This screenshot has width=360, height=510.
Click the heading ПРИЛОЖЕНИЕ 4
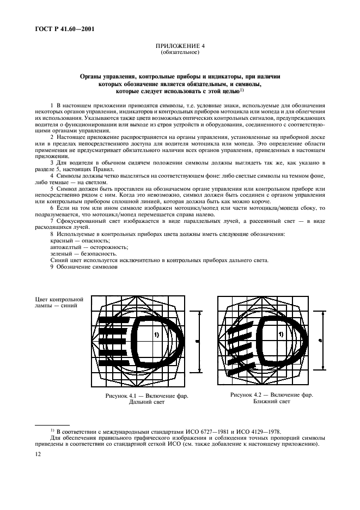[180, 47]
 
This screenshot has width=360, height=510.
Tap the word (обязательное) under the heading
[180, 53]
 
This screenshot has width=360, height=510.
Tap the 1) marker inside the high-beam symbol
[156, 335]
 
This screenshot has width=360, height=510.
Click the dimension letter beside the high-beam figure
[196, 341]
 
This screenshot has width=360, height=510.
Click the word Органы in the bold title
[92, 77]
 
